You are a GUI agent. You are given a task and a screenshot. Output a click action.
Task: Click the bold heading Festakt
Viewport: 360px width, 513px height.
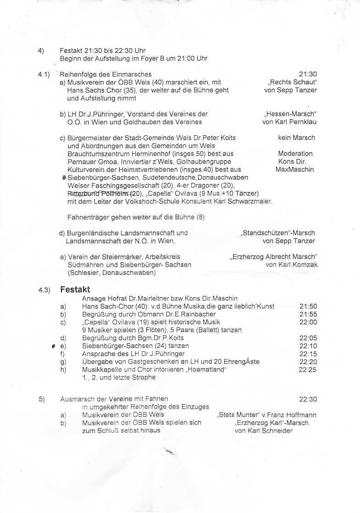click(x=75, y=290)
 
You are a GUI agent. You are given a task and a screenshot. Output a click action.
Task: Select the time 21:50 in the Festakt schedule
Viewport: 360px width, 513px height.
click(x=308, y=306)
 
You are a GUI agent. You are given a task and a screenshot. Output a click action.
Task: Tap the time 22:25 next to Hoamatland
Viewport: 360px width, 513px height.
click(x=308, y=370)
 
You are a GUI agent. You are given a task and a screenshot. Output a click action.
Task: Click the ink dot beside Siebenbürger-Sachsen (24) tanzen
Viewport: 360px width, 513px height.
click(x=54, y=346)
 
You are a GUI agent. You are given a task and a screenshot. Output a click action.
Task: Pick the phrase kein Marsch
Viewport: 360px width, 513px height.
click(x=296, y=138)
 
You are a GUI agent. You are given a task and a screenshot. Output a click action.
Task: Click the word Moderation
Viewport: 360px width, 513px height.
click(x=295, y=154)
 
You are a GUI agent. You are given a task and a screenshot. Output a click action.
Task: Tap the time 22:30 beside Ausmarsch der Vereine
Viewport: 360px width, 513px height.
click(x=308, y=399)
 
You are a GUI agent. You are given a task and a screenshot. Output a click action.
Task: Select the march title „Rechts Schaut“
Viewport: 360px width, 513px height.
click(x=293, y=82)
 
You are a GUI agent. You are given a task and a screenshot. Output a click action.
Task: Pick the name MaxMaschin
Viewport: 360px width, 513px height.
click(x=295, y=170)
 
